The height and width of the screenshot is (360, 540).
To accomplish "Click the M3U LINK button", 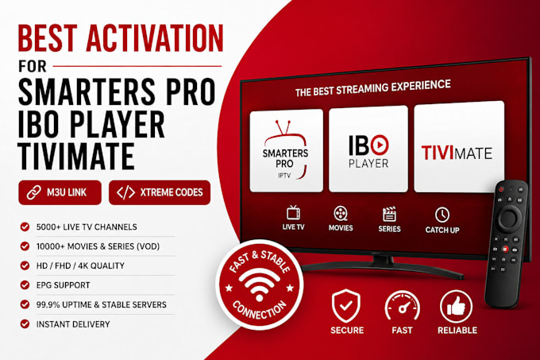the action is pyautogui.click(x=60, y=192).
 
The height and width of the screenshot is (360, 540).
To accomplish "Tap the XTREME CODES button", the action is pyautogui.click(x=160, y=192).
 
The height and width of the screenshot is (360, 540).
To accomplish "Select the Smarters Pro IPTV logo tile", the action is pyautogui.click(x=286, y=150).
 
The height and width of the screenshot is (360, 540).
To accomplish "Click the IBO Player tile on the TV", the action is pyautogui.click(x=368, y=149).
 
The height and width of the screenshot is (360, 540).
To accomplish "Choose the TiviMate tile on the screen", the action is pyautogui.click(x=459, y=148).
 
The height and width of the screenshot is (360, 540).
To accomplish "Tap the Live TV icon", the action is pyautogui.click(x=293, y=213).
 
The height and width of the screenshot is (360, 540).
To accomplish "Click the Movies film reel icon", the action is pyautogui.click(x=340, y=214).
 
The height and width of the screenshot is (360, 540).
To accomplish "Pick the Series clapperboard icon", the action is pyautogui.click(x=389, y=215).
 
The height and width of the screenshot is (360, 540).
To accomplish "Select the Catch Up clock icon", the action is pyautogui.click(x=442, y=215).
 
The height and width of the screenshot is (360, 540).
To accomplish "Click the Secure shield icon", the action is pyautogui.click(x=346, y=306).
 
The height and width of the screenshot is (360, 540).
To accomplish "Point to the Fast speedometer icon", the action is pyautogui.click(x=402, y=306).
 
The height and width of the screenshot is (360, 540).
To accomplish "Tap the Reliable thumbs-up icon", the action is pyautogui.click(x=457, y=306).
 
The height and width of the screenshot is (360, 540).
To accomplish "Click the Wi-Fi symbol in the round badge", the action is pyautogui.click(x=260, y=285).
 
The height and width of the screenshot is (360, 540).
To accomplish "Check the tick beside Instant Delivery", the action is pyautogui.click(x=25, y=323).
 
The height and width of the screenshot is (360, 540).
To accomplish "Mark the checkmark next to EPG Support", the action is pyautogui.click(x=25, y=285).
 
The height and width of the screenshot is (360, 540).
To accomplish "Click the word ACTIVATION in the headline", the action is pyautogui.click(x=155, y=38).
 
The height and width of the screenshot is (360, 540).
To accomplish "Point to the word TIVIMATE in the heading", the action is pyautogui.click(x=76, y=157).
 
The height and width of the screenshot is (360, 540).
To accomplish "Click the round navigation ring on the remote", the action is pyautogui.click(x=509, y=218).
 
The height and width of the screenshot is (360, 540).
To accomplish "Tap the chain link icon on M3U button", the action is pyautogui.click(x=34, y=192).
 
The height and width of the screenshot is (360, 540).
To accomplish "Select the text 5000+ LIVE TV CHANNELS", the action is pyautogui.click(x=87, y=226).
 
